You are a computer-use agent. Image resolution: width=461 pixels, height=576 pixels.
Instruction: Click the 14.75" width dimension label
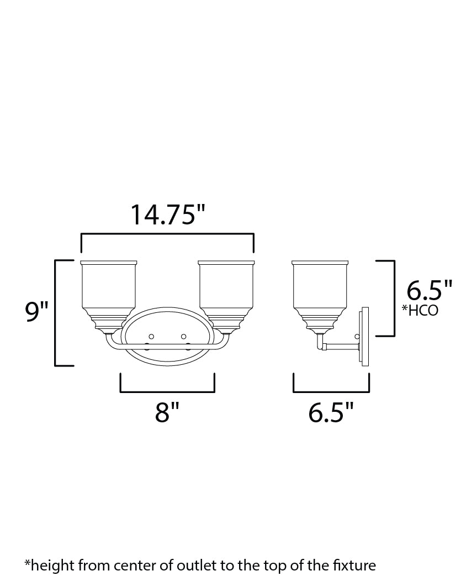(163, 215)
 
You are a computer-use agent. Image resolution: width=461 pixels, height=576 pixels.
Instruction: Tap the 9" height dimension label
(37, 313)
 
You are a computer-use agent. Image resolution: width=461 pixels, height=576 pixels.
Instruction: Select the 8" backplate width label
(167, 412)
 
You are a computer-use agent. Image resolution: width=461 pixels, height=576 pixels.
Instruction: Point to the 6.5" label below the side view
(331, 412)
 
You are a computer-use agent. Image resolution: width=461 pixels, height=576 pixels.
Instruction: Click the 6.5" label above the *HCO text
(429, 290)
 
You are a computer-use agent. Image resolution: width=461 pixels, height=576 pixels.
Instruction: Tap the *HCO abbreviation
(420, 310)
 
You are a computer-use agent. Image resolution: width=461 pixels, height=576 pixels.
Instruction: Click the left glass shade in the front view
(109, 287)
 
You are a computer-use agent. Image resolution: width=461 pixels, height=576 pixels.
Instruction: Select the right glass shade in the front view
(226, 287)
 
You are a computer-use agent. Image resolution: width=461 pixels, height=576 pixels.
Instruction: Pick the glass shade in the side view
(320, 287)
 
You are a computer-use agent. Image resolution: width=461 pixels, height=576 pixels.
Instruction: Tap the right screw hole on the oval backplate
(183, 336)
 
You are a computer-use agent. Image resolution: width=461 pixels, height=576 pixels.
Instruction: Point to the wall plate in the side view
(364, 337)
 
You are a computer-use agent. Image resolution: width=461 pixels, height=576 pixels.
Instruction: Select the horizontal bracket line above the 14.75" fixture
(167, 235)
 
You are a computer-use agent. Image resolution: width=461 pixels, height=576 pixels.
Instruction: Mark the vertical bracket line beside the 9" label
(56, 312)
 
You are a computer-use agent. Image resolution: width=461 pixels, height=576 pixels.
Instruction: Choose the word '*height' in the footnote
(46, 565)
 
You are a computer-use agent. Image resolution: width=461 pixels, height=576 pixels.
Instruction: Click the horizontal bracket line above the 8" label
(167, 391)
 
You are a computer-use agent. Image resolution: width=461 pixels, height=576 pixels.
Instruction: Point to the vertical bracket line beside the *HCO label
(394, 299)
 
